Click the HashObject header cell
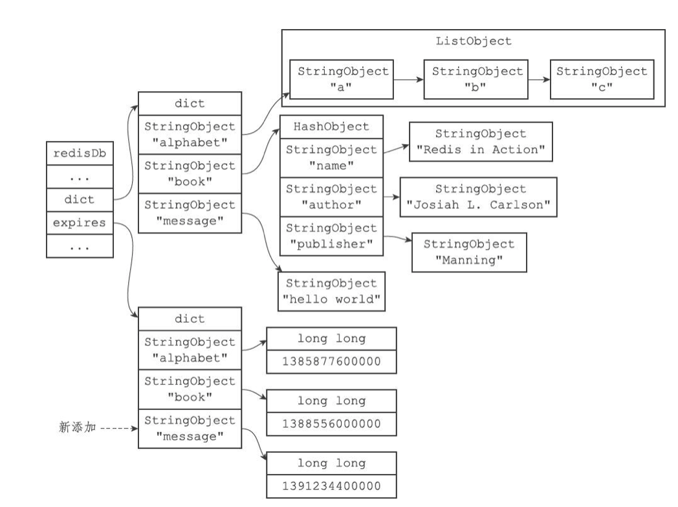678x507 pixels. click(331, 127)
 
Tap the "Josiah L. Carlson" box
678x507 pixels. click(479, 198)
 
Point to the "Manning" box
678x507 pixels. click(468, 252)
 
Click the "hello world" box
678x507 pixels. click(331, 291)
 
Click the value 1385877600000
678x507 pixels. click(331, 362)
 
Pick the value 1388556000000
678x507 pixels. click(331, 424)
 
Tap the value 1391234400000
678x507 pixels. click(331, 486)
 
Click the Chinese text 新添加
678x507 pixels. click(76, 428)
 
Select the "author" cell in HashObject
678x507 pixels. click(331, 197)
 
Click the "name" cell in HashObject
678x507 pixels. click(331, 157)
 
